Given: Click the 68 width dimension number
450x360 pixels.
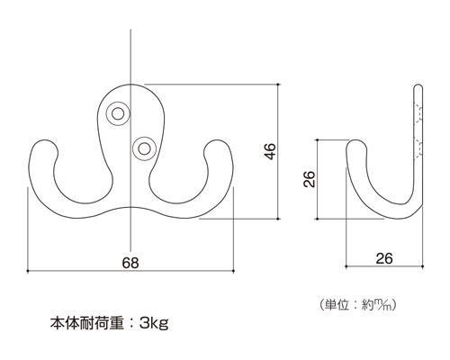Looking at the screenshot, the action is tap(130, 263).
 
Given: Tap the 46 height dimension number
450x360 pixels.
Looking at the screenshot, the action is tap(271, 151).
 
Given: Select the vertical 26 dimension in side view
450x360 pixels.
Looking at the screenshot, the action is tap(309, 179).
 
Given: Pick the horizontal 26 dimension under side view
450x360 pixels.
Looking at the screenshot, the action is tap(384, 258).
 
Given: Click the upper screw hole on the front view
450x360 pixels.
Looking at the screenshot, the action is tap(118, 113).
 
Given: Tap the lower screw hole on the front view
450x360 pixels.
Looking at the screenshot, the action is tap(144, 148).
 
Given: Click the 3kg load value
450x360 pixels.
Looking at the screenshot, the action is tap(154, 323).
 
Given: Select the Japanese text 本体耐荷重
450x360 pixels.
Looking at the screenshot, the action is tap(87, 323).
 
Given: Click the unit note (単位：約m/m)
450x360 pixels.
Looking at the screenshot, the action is tap(358, 305).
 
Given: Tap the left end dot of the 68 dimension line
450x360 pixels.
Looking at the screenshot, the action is tap(28, 271).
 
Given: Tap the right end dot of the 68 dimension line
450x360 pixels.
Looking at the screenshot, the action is tap(233, 271).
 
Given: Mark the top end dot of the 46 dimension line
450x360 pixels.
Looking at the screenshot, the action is tap(278, 85).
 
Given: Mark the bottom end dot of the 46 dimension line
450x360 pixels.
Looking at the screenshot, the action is tap(278, 219).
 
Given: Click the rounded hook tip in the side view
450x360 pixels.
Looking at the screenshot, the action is tap(356, 143).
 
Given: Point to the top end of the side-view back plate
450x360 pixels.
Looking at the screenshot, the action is tap(418, 86).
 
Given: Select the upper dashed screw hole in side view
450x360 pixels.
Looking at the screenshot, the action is tap(418, 113).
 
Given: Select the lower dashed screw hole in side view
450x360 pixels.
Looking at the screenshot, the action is tap(418, 148).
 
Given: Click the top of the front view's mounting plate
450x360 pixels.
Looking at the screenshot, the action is tap(130, 85).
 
